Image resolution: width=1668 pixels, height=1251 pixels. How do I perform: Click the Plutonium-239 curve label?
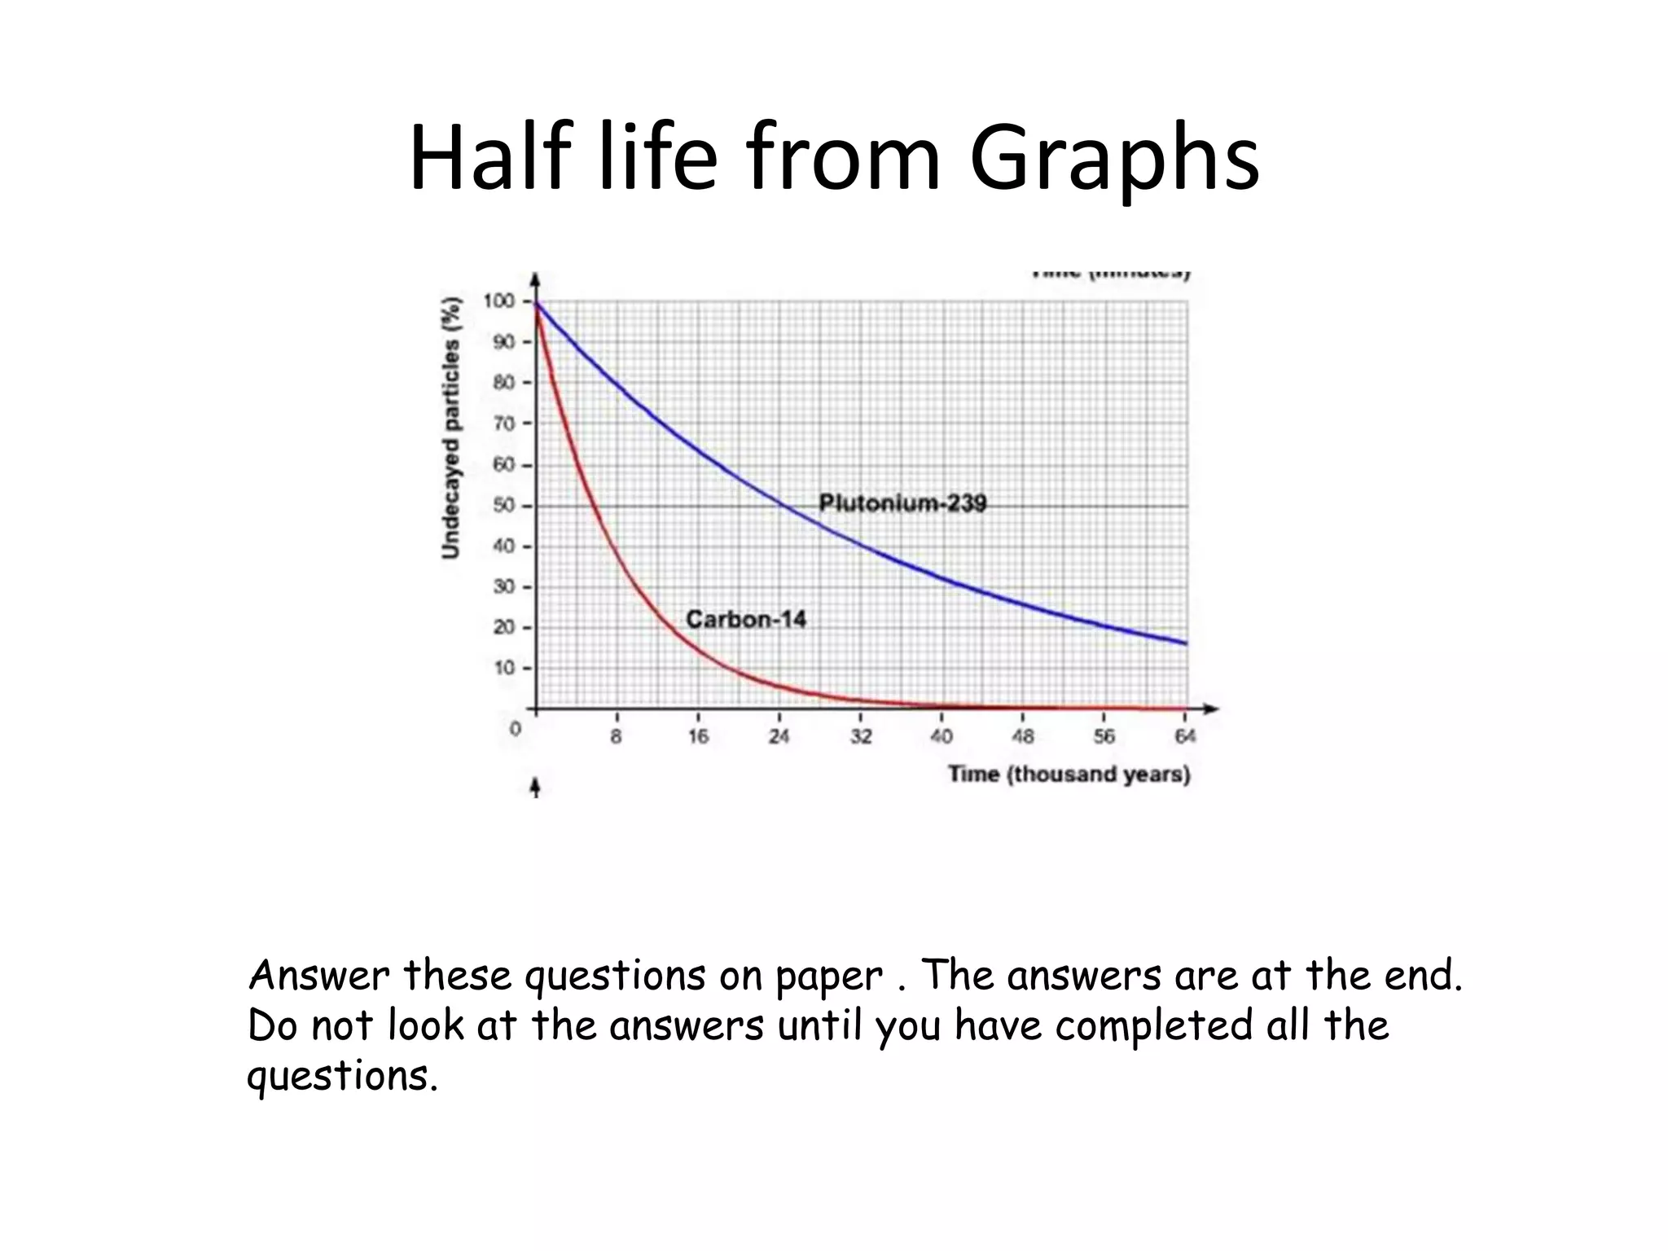902,503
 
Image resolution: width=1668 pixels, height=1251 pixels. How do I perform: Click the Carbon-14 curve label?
746,620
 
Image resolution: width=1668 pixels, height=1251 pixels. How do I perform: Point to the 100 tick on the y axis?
499,301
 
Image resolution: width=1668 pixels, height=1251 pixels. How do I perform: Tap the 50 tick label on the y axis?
503,506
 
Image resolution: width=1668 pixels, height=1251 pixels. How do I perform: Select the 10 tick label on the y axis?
503,669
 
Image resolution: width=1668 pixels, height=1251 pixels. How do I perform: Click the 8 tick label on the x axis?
617,737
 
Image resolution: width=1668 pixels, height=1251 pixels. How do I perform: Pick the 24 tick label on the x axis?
779,737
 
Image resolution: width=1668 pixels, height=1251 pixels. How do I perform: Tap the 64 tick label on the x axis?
1185,737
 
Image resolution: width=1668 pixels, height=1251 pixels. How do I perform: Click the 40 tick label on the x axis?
942,737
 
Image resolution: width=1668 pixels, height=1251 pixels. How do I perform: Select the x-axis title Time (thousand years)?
1069,775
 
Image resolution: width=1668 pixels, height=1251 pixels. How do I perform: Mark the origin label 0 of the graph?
516,729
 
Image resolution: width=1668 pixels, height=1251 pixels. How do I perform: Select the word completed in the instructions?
1152,1025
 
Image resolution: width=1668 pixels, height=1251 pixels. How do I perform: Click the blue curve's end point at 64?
1186,643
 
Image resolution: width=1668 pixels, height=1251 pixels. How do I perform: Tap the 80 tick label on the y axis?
503,383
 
